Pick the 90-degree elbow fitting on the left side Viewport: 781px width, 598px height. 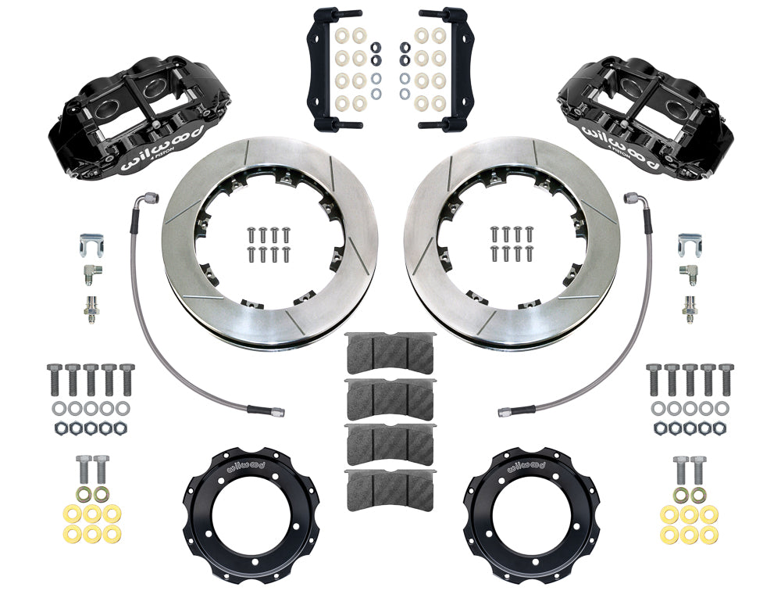[91, 273]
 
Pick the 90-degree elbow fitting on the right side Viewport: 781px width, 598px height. [690, 273]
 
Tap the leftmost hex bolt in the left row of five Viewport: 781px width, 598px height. [55, 379]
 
